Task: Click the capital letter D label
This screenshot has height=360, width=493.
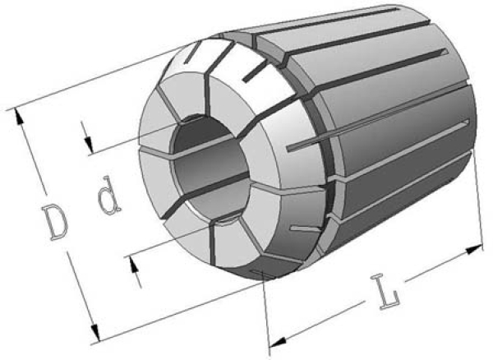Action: click(x=55, y=222)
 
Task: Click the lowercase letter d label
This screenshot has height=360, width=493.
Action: click(x=108, y=196)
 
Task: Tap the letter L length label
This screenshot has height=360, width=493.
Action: click(x=385, y=292)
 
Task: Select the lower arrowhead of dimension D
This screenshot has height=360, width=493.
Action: click(x=95, y=333)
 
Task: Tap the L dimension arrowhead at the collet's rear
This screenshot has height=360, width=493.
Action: click(x=474, y=250)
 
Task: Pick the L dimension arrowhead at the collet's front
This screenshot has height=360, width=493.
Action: click(x=278, y=342)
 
